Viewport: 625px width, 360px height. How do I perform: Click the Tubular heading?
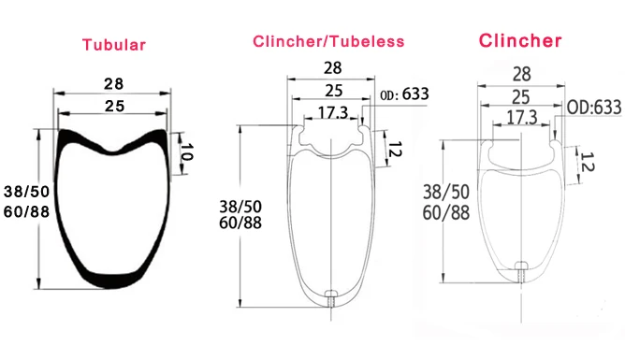pos(114,45)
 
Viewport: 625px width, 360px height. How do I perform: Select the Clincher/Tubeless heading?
pos(328,41)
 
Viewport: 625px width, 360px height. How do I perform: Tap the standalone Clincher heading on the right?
pos(520,40)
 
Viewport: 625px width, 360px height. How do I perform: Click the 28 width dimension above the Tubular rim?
pos(113,84)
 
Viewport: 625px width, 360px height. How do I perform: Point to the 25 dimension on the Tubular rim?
pos(114,107)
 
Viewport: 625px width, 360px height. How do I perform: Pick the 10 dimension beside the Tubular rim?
pos(186,152)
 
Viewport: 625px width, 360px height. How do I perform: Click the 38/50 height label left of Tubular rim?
pos(26,192)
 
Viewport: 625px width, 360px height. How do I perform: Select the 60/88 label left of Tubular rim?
pos(26,211)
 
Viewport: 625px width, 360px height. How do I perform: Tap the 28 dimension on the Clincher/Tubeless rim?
pos(332,68)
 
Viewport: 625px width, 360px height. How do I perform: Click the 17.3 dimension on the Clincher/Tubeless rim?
pos(333,113)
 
